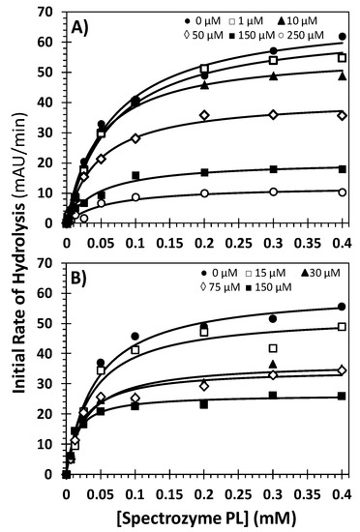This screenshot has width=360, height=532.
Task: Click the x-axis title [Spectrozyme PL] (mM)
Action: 204,513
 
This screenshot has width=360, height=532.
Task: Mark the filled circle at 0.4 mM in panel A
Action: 343,36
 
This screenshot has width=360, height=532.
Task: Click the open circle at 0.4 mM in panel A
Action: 343,192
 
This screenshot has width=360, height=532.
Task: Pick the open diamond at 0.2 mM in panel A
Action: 204,115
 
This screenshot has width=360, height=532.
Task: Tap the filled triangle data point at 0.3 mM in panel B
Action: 274,364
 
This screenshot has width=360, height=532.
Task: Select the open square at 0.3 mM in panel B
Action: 274,348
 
